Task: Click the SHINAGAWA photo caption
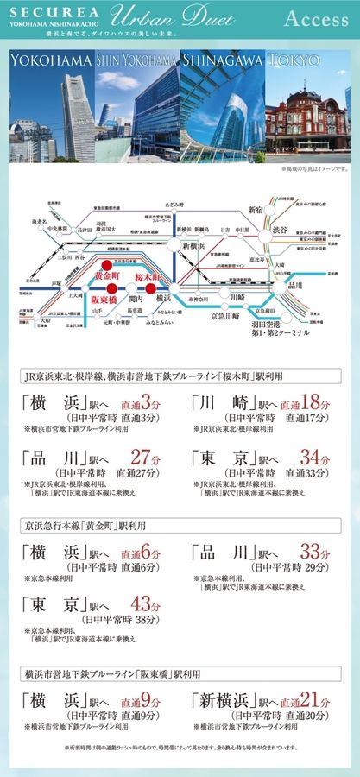coord(224,61)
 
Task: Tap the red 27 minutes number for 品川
coord(139,457)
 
